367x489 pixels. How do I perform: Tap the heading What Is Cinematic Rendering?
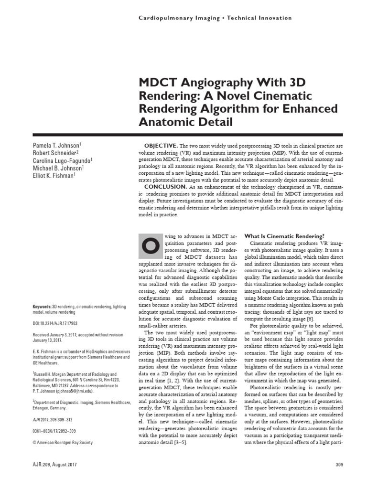[284, 236]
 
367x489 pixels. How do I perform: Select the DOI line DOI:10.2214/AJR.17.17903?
[61, 323]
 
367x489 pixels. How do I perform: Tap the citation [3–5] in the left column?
[179, 442]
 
